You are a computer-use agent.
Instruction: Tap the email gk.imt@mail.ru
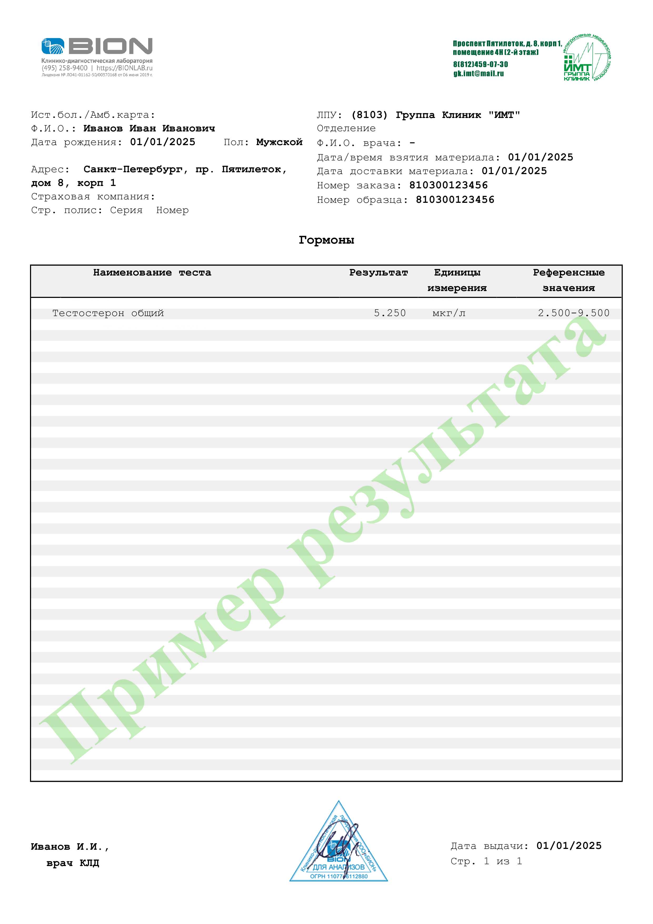478,74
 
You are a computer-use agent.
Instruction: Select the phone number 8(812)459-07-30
481,64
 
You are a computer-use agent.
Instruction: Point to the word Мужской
279,142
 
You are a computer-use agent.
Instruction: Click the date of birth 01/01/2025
162,142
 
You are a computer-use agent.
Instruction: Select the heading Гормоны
326,240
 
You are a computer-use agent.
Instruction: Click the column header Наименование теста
152,272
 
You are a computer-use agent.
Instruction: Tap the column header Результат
378,272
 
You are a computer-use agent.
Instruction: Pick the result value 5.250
390,313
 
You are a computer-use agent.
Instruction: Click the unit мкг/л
449,313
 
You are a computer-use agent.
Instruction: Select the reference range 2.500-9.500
574,313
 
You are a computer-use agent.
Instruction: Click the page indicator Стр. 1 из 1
486,861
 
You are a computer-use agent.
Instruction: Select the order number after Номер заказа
448,185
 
